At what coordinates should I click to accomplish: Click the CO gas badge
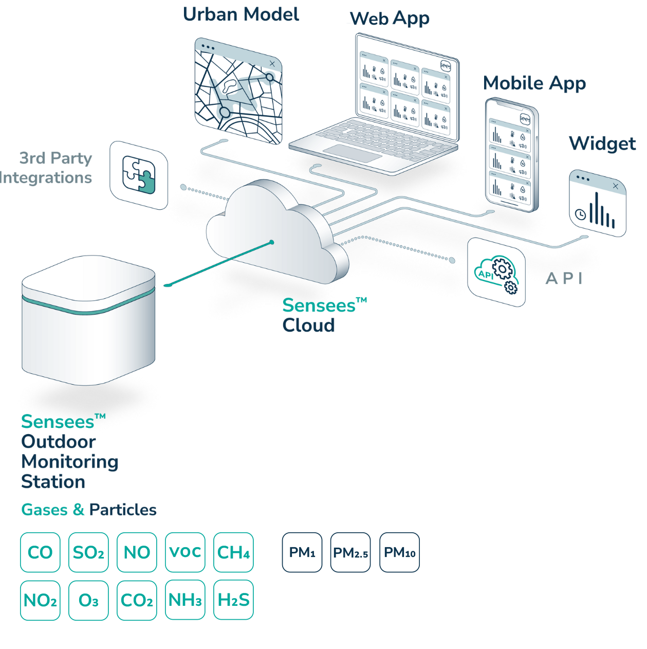pyautogui.click(x=40, y=552)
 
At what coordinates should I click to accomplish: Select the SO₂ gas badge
pyautogui.click(x=88, y=552)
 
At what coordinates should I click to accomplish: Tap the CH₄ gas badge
pyautogui.click(x=233, y=552)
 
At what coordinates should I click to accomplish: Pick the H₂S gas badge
pyautogui.click(x=233, y=600)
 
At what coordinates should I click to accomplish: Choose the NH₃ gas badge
pyautogui.click(x=185, y=600)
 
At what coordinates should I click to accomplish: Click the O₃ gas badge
pyautogui.click(x=88, y=600)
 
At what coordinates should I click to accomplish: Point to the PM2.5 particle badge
pyautogui.click(x=350, y=553)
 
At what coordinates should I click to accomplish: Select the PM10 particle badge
pyautogui.click(x=399, y=553)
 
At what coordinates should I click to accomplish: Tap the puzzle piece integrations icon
pyautogui.click(x=139, y=175)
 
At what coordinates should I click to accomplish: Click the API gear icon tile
pyautogui.click(x=496, y=273)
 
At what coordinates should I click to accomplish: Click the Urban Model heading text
pyautogui.click(x=241, y=14)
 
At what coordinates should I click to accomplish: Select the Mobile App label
pyautogui.click(x=534, y=83)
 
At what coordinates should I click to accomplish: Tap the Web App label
pyautogui.click(x=390, y=19)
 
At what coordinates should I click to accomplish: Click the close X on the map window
pyautogui.click(x=272, y=63)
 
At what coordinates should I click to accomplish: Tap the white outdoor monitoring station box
pyautogui.click(x=88, y=319)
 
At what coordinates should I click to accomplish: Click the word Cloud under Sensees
pyautogui.click(x=308, y=325)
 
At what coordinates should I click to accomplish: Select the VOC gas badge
pyautogui.click(x=185, y=552)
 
